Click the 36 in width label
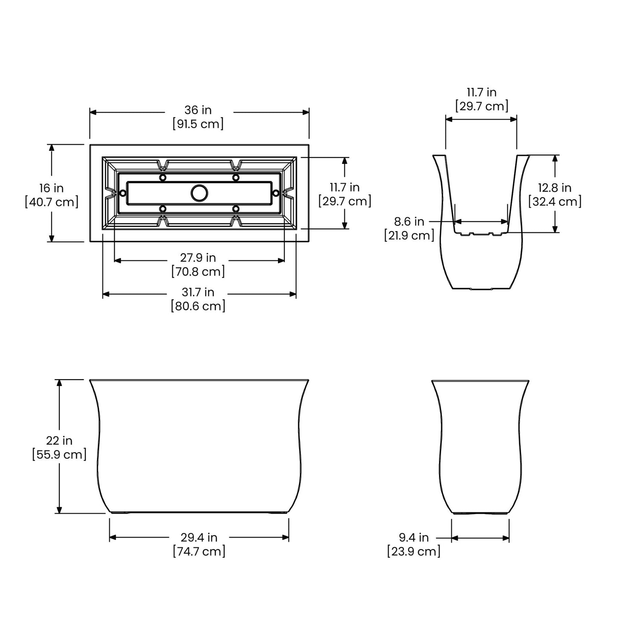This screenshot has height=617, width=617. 199,110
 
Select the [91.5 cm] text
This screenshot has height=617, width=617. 199,124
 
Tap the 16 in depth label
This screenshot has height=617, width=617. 52,188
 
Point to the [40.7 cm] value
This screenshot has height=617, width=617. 52,202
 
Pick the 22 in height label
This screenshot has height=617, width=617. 59,440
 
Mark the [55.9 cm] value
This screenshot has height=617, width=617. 59,454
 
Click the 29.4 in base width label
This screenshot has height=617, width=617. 199,537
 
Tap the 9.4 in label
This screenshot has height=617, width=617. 414,537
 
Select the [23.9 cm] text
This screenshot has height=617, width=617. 414,551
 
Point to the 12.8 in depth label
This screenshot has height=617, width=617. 555,187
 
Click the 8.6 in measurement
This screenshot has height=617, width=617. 409,221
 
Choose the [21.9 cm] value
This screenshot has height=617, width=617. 409,235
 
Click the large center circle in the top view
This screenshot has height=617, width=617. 199,193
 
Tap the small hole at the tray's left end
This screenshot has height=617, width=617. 123,193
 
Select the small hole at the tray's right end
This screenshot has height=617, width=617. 276,193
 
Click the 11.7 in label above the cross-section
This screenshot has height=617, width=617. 481,92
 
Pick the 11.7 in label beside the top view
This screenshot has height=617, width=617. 345,187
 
